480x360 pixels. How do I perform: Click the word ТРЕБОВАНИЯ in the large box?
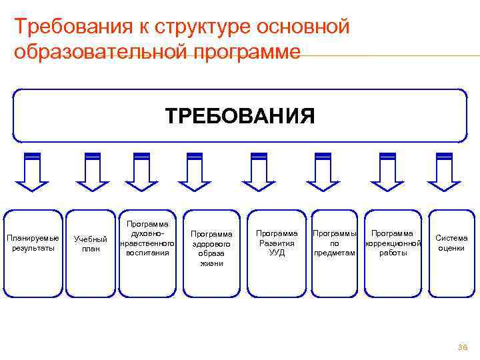click(x=240, y=116)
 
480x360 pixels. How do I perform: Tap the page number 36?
click(x=462, y=347)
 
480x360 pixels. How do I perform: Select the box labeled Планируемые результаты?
click(x=32, y=253)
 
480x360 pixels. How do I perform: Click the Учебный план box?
click(x=91, y=253)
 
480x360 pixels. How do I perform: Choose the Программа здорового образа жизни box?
click(x=211, y=253)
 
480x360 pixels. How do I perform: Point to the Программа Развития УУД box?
click(x=277, y=253)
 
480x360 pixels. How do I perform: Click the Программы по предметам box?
click(x=335, y=253)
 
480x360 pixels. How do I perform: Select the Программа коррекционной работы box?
click(x=393, y=253)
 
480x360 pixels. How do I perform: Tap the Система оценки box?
click(x=451, y=253)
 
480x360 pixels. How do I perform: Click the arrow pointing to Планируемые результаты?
click(x=32, y=172)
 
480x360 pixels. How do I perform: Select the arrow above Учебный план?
click(x=92, y=172)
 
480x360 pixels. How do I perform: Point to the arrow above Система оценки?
click(x=444, y=172)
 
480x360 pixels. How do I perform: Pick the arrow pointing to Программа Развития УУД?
click(x=259, y=172)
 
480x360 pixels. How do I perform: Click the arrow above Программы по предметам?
click(x=323, y=172)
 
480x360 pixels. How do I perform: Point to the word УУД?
click(x=277, y=253)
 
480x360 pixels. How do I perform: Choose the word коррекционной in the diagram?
click(x=393, y=243)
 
